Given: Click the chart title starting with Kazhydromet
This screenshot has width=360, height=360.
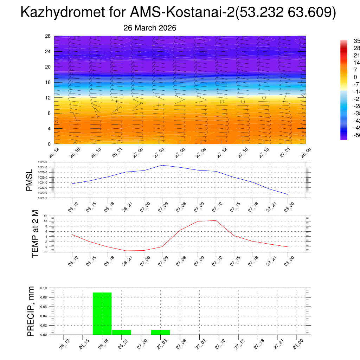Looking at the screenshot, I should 178,12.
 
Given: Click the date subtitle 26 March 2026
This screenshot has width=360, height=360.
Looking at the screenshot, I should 150,28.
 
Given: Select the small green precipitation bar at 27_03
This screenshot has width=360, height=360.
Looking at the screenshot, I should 160,332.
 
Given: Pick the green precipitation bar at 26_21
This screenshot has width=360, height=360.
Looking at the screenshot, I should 121,332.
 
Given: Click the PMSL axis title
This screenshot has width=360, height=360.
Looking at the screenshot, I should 30,180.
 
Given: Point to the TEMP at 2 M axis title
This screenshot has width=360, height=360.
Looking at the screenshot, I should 35,234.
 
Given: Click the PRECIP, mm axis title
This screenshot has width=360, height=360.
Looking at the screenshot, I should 31,311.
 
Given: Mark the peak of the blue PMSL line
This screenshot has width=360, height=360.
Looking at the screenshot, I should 162,165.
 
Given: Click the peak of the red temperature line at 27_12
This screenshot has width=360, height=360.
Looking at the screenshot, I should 216,220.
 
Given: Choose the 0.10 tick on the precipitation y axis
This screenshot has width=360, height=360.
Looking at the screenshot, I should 43,288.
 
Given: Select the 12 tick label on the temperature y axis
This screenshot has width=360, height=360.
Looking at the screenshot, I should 46,216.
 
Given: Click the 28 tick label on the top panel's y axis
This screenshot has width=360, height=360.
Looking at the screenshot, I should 48,36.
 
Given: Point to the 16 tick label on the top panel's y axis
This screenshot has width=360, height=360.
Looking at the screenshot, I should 48,82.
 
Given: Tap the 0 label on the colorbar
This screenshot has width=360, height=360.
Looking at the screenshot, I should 355,77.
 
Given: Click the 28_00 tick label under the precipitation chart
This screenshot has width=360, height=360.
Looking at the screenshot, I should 297,343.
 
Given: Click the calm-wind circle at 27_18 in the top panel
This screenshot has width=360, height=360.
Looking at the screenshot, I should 264,98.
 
